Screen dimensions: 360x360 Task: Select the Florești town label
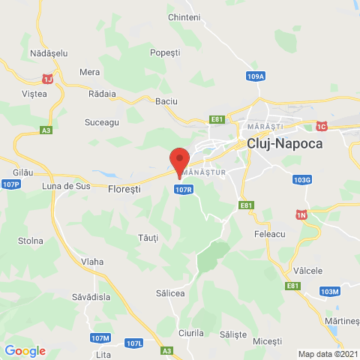click(x=124, y=189)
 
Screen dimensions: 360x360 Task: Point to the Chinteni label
click(x=184, y=17)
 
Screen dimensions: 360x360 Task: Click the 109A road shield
click(x=255, y=76)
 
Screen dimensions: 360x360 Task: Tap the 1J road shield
click(x=49, y=78)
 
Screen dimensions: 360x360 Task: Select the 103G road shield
click(x=302, y=180)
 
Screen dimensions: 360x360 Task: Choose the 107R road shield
click(x=184, y=190)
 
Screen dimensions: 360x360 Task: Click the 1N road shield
click(x=302, y=214)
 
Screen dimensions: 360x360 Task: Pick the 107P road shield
click(x=10, y=184)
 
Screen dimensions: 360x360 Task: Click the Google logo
click(x=25, y=350)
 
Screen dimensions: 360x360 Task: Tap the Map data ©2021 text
click(x=328, y=354)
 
